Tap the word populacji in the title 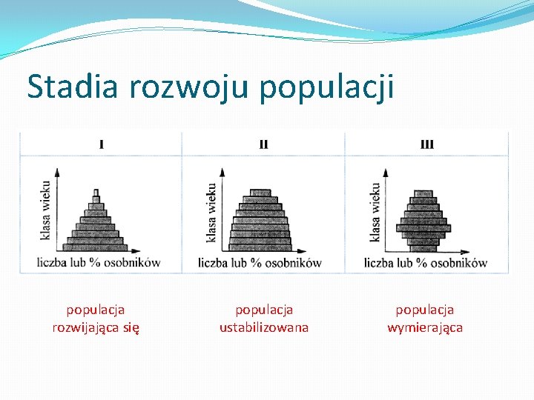coord(327,87)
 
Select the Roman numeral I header coord(101,144)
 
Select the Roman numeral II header coord(264,144)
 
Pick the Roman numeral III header coord(426,144)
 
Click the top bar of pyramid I coord(95,192)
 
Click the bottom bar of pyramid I coord(95,246)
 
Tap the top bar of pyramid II coord(260,193)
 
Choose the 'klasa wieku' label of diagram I coord(46,210)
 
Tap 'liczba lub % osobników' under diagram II coord(260,263)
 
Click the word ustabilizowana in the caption coord(264,327)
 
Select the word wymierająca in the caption coord(425,327)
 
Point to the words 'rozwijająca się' coord(96,327)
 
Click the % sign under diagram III coord(422,263)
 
